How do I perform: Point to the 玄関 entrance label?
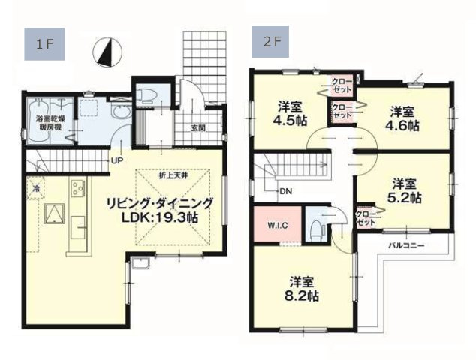(x=198, y=127)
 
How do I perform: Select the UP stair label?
(x=118, y=160)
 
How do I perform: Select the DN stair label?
(x=285, y=191)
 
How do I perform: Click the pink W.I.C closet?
(x=273, y=223)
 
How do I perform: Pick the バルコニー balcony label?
(x=407, y=245)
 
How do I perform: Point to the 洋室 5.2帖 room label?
(x=406, y=191)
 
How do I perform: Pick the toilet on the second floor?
(x=317, y=227)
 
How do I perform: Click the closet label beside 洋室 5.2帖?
(x=365, y=217)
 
